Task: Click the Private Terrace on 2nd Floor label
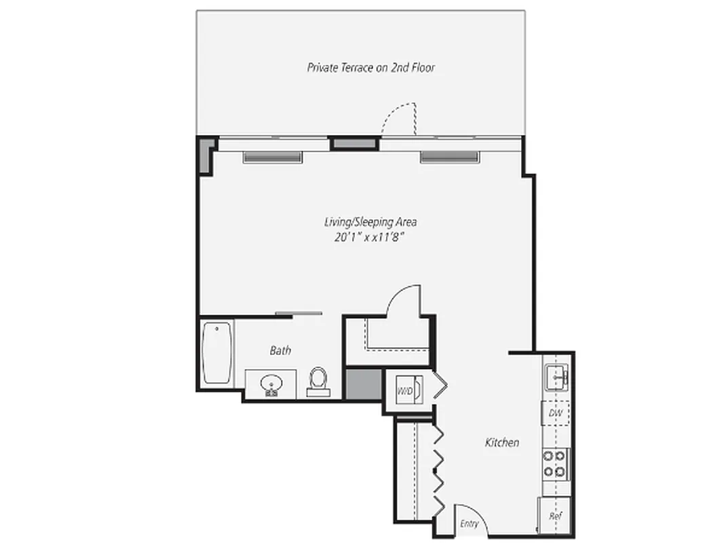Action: pos(370,67)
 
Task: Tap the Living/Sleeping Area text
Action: pos(369,222)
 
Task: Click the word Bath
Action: pos(280,350)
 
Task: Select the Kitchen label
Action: pos(501,443)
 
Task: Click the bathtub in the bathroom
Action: pos(217,354)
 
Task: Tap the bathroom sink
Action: pos(271,384)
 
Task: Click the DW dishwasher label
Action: pos(554,413)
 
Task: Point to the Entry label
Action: pos(469,524)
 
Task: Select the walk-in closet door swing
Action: pos(404,301)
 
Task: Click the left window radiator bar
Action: pos(272,157)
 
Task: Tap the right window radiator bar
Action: pos(449,157)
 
